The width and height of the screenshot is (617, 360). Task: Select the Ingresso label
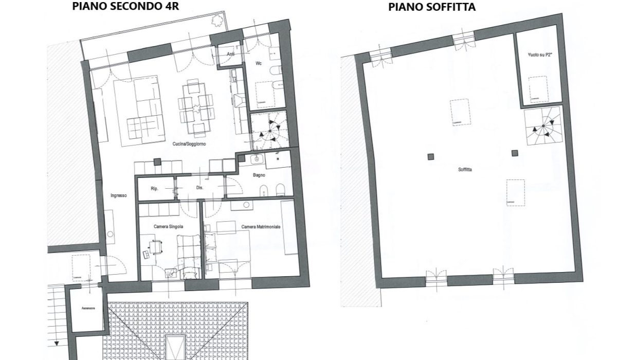coord(118,195)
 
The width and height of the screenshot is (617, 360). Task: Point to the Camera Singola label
coord(168,226)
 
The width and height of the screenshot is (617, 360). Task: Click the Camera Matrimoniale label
coord(261,226)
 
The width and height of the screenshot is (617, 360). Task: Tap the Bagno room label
coord(259,175)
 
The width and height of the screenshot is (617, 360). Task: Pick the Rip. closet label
coord(154,188)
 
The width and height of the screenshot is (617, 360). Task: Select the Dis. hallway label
coord(199,188)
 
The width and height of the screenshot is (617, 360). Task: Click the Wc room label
coord(260,63)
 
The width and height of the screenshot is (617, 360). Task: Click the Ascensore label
coord(88,309)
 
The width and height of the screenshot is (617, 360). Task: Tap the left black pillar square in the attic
coord(430,157)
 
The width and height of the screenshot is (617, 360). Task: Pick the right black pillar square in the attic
coord(515,152)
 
